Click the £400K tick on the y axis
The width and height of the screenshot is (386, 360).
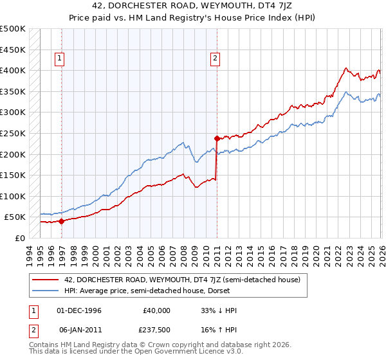click(x=13, y=71)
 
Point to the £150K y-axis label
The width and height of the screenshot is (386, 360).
click(x=13, y=175)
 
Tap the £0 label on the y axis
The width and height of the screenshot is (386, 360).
click(x=21, y=238)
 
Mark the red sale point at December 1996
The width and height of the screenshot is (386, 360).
click(x=61, y=221)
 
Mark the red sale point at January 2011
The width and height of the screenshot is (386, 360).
click(x=217, y=138)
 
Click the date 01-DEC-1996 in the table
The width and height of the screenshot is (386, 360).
click(x=79, y=310)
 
